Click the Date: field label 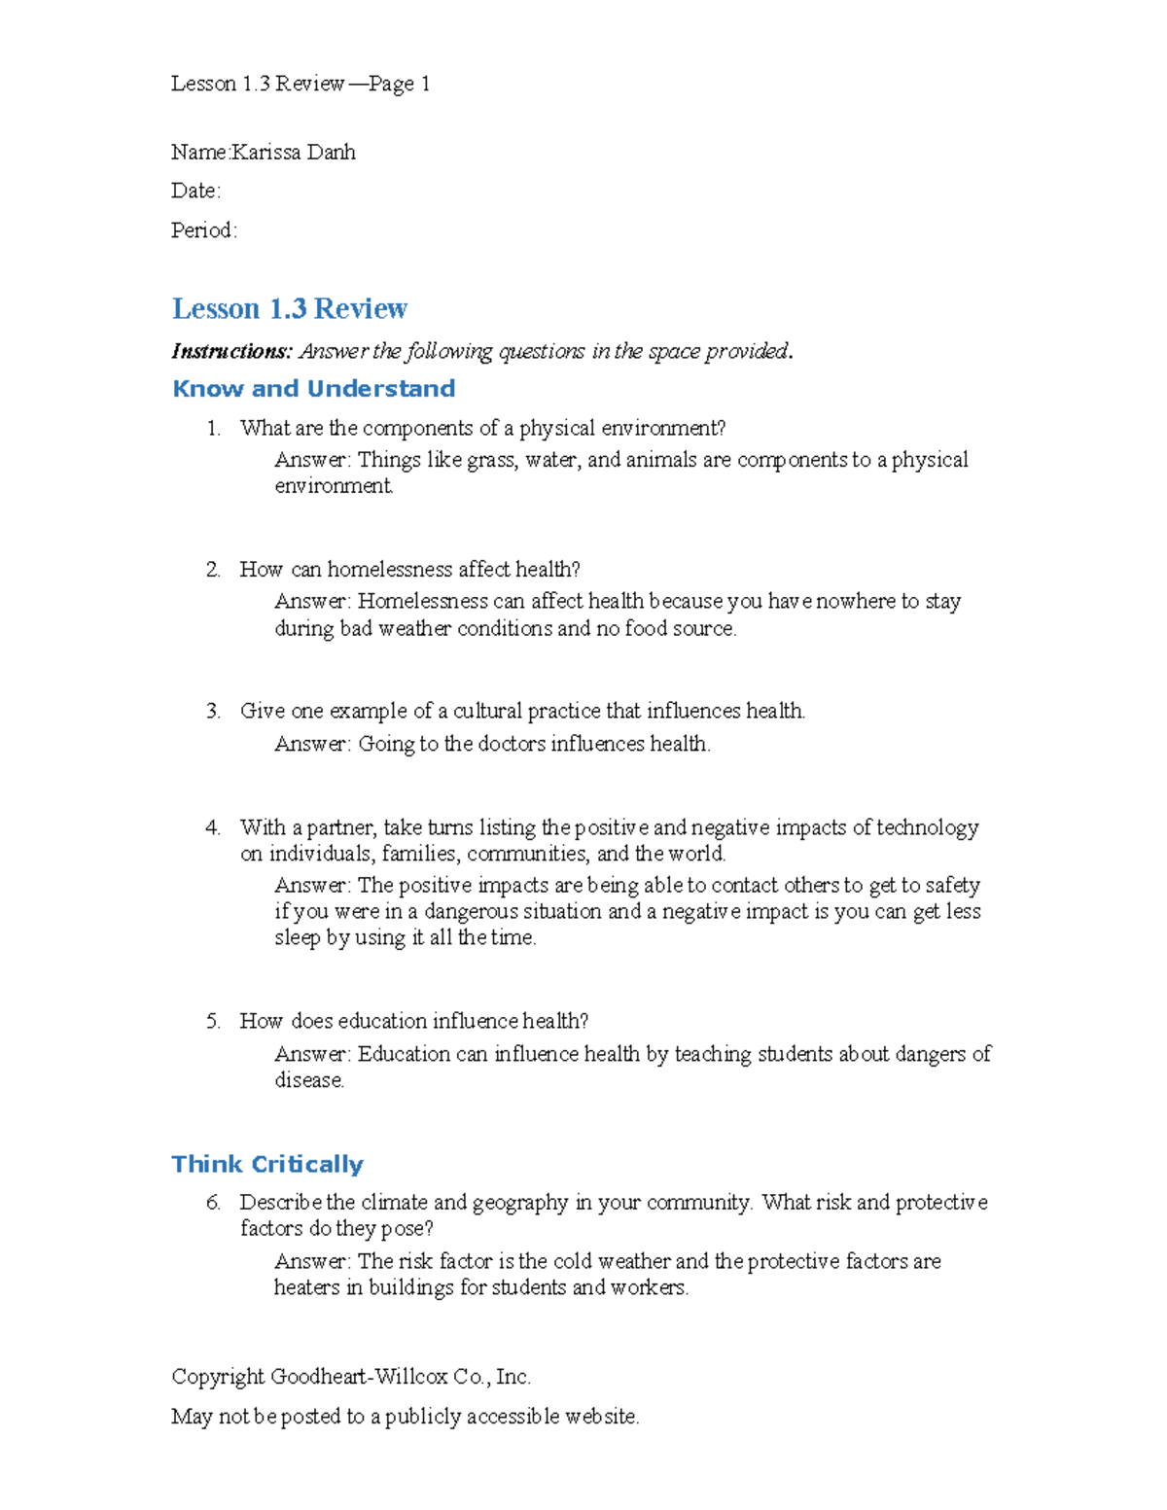[x=195, y=191]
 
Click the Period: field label [x=203, y=230]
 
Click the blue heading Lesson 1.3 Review [x=289, y=308]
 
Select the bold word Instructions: [x=231, y=351]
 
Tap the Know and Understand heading [x=313, y=389]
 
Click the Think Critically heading [x=267, y=1164]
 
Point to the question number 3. [x=213, y=711]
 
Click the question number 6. [x=213, y=1203]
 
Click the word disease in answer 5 [x=308, y=1080]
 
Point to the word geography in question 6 [x=520, y=1203]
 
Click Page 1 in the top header [x=399, y=84]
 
